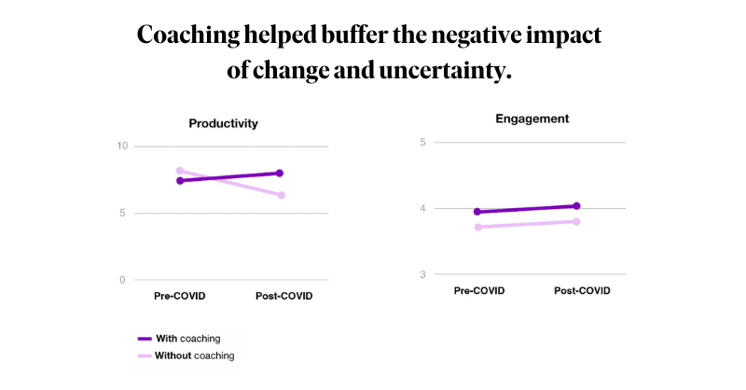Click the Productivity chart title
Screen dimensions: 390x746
pos(223,123)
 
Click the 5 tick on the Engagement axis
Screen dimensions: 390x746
pos(422,143)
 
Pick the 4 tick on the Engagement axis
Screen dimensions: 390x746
pos(422,209)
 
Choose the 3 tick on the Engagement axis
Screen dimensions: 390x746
pos(422,275)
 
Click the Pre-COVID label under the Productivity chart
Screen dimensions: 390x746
pos(180,297)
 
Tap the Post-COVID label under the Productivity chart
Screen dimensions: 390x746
pos(283,297)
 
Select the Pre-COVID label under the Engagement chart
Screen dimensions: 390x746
pos(479,291)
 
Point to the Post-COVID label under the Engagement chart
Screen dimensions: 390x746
pos(582,291)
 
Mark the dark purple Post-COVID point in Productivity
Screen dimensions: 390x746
pos(280,173)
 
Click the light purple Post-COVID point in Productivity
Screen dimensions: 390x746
pos(281,195)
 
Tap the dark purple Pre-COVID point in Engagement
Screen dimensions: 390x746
pos(477,212)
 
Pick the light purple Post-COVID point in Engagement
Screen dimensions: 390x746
pos(577,221)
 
